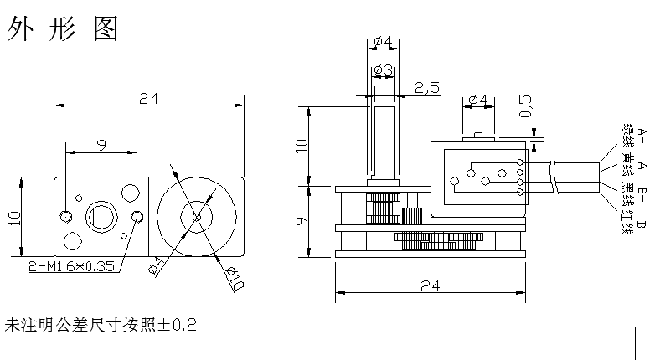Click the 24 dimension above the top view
[148, 99]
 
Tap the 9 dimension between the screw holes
[101, 146]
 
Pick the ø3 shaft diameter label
[384, 69]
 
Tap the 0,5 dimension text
[525, 106]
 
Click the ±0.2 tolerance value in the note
[178, 324]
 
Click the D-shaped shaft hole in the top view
[101, 216]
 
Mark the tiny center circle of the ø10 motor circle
[196, 216]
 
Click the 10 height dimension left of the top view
[14, 218]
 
